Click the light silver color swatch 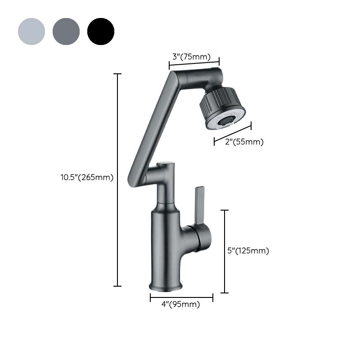(x=31, y=31)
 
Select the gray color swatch (x=66, y=31)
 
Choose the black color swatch (x=101, y=31)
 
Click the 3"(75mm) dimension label (x=192, y=57)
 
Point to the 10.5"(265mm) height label (x=87, y=177)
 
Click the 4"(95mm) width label (x=180, y=305)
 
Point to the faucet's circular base (x=166, y=286)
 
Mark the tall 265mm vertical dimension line (x=118, y=180)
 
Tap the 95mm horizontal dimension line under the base (x=182, y=297)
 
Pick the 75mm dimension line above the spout (x=194, y=64)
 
